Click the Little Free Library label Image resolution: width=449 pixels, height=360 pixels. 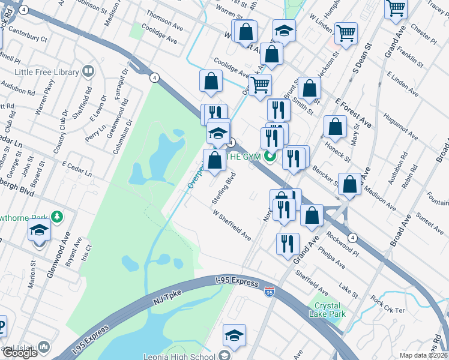40,73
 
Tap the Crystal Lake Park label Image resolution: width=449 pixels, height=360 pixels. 327,309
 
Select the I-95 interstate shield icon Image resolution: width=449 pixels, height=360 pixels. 270,292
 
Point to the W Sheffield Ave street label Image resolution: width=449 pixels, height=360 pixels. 231,224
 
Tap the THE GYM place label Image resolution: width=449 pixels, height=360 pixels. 243,157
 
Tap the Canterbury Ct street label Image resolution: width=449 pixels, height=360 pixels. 25,38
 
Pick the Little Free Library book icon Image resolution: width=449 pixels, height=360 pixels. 88,73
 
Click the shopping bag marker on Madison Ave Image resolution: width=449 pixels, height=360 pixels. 349,185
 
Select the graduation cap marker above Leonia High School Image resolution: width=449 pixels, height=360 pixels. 234,336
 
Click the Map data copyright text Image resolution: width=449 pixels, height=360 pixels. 423,355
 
